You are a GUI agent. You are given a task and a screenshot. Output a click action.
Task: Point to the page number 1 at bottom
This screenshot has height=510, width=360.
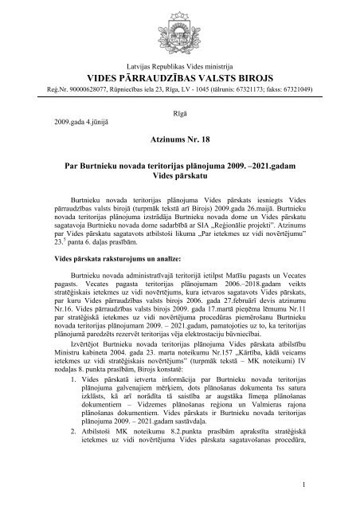[x=306, y=485]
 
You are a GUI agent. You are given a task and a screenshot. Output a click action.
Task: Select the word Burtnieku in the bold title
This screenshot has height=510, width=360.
[x=101, y=163]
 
